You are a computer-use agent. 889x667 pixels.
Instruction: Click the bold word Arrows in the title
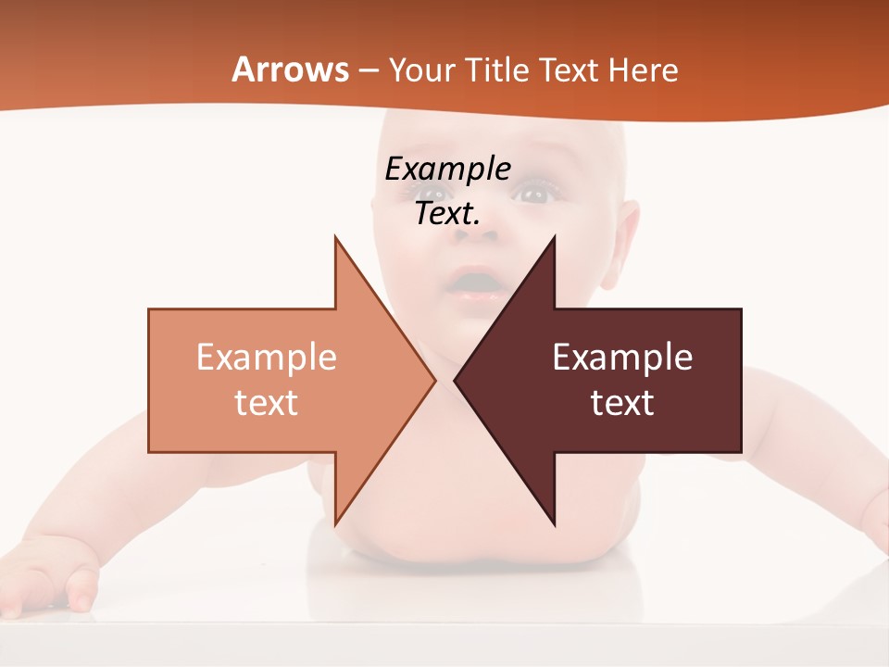pyautogui.click(x=290, y=69)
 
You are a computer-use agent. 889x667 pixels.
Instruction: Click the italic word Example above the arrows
pyautogui.click(x=447, y=169)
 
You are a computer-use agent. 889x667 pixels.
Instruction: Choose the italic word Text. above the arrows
pyautogui.click(x=447, y=214)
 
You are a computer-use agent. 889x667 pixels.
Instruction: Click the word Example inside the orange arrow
pyautogui.click(x=267, y=357)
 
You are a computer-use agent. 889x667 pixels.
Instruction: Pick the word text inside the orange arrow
pyautogui.click(x=267, y=402)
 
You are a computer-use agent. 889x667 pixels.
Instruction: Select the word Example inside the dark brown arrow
pyautogui.click(x=622, y=357)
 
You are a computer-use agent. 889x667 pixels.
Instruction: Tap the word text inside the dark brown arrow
pyautogui.click(x=622, y=402)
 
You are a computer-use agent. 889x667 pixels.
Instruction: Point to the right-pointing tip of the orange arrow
pyautogui.click(x=434, y=380)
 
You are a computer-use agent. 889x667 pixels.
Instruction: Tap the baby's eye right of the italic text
pyautogui.click(x=534, y=194)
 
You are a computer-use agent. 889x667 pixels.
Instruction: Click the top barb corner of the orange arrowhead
pyautogui.click(x=335, y=238)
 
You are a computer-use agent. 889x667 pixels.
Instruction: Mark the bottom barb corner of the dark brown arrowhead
pyautogui.click(x=555, y=524)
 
